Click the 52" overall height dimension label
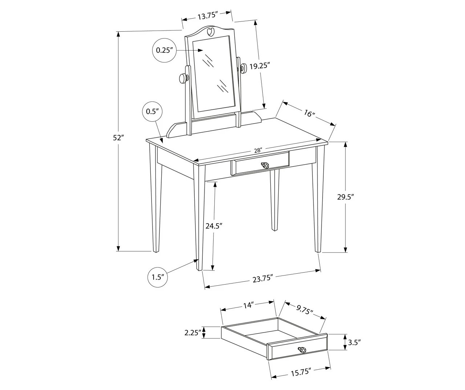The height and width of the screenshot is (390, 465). point(118,138)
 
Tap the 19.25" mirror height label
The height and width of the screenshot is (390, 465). point(260,66)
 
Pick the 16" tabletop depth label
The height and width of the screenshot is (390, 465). point(309,114)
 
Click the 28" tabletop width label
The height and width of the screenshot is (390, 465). point(258,150)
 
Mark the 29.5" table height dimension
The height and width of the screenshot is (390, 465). point(345,197)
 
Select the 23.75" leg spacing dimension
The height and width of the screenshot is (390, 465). point(262,278)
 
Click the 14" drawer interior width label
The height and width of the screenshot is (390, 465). point(248,305)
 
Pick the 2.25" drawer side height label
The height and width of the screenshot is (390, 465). point(193,333)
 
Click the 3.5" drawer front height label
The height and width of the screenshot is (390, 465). point(354,342)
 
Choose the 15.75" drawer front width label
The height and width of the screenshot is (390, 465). point(300,372)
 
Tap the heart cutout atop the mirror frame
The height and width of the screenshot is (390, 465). point(210,32)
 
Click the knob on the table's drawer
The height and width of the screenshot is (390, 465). point(265,165)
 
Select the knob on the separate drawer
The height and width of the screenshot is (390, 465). point(302,350)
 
